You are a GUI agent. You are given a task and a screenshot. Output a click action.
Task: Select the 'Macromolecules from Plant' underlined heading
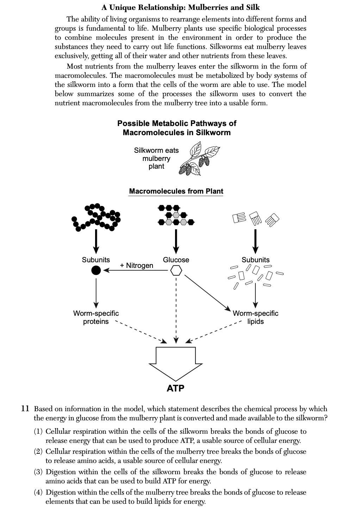tap(176, 191)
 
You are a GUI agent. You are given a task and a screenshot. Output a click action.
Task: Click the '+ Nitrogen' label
tap(136, 265)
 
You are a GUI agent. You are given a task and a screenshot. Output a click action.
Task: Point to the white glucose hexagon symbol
tap(176, 270)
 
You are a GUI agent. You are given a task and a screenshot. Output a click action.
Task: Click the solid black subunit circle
tap(96, 270)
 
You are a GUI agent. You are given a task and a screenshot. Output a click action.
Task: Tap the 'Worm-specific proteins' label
tap(96, 317)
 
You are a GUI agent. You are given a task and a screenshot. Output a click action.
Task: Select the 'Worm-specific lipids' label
tap(255, 317)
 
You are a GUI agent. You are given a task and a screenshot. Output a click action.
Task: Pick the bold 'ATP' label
tap(175, 388)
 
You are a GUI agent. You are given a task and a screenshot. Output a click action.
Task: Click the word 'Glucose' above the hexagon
tap(176, 260)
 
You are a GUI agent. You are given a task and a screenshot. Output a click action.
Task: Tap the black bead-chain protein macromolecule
tap(96, 217)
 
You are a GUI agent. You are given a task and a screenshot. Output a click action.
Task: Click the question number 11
tap(25, 409)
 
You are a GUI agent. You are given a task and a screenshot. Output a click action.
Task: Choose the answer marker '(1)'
tap(39, 431)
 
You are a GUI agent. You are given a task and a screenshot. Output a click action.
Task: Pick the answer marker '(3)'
tap(39, 472)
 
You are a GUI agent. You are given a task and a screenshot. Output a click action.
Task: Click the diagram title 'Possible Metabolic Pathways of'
tap(176, 123)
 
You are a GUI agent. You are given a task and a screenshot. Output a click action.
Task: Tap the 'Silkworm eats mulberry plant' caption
tap(156, 158)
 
